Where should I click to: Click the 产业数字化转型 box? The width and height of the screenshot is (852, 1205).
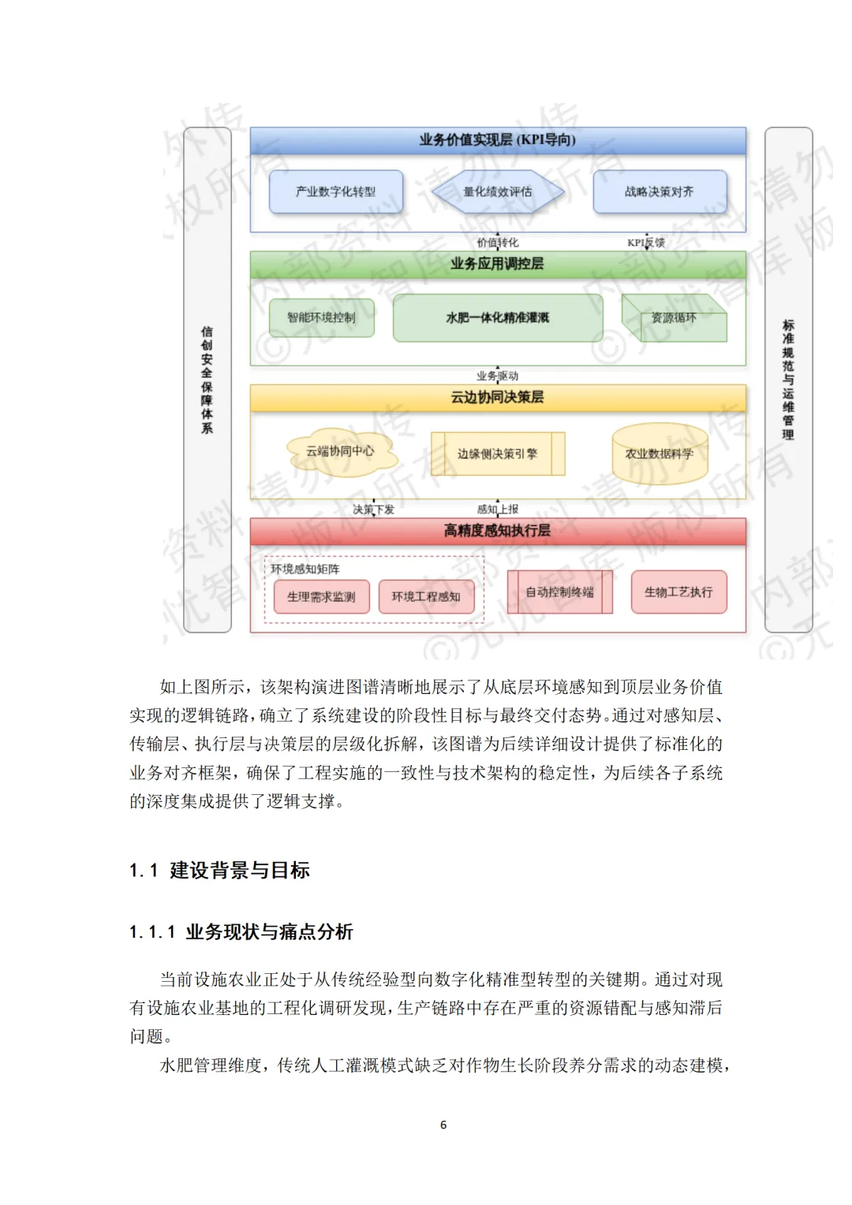tap(336, 192)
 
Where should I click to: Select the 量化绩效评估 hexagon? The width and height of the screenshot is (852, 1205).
tap(498, 192)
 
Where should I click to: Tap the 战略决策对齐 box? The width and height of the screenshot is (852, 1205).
tap(660, 192)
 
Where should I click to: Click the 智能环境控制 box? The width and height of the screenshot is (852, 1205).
tap(321, 318)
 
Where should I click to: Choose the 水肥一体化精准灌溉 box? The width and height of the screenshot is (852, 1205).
tap(498, 318)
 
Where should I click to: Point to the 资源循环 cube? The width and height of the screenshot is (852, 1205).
tap(674, 319)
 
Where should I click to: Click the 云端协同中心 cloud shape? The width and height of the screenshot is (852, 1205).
tap(340, 452)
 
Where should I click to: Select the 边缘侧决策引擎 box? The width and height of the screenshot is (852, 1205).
tap(498, 453)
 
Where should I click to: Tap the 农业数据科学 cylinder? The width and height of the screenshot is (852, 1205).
tap(660, 454)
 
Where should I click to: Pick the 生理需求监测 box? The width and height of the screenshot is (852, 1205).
tap(321, 597)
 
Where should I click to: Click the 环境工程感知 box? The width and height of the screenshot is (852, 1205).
tap(426, 597)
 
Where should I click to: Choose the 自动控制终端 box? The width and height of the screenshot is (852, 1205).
tap(560, 592)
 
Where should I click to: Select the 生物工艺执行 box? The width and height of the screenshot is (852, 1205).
tap(678, 592)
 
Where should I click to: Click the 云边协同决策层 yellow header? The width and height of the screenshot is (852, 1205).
tap(498, 397)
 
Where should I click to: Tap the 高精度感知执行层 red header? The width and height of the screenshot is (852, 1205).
tap(498, 531)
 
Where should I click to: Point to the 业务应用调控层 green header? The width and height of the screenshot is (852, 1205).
tap(498, 264)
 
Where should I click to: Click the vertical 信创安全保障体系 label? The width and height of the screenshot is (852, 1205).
tap(207, 380)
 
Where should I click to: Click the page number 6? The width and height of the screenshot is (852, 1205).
tap(443, 1125)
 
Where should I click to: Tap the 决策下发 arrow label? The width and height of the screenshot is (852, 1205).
tap(373, 509)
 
